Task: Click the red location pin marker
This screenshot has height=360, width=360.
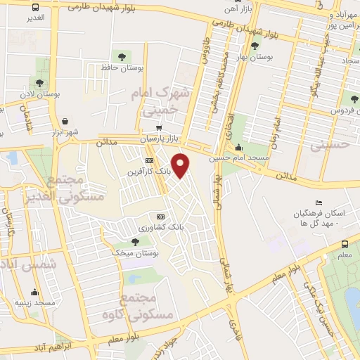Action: [181, 164]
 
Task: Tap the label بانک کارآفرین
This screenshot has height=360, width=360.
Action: [148, 172]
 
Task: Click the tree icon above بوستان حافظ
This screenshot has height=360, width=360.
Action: [121, 56]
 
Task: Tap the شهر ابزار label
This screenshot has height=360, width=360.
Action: [65, 132]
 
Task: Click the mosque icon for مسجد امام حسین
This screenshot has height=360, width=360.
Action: [238, 148]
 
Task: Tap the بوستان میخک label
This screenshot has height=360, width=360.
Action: [138, 251]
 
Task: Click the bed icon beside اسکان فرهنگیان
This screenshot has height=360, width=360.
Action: [319, 202]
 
